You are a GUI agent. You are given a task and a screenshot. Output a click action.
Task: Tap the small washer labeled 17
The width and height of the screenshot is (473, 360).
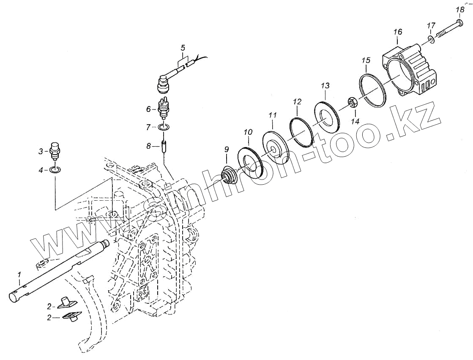(x=430, y=39)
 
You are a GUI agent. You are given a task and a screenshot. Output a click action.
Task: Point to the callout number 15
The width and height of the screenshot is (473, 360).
(x=366, y=60)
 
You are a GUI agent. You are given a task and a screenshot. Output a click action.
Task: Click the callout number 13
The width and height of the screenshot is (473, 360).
(x=325, y=86)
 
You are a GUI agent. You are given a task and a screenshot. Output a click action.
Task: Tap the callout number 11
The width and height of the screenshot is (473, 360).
(x=273, y=115)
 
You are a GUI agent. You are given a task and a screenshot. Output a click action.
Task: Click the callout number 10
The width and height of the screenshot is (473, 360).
(x=248, y=133)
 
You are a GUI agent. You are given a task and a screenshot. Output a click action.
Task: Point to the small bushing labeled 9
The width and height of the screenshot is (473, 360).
(x=228, y=176)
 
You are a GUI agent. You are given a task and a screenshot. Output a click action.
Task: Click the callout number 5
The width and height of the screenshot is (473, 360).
(x=183, y=47)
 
